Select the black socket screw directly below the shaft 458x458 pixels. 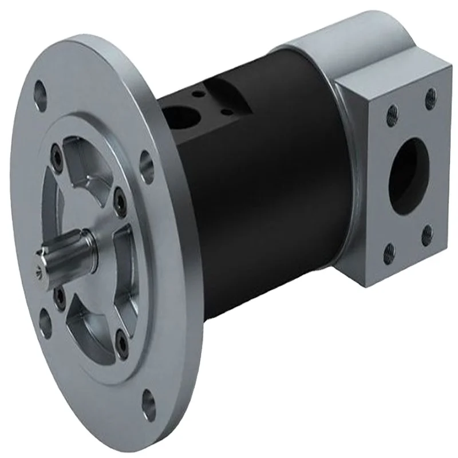57,295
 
